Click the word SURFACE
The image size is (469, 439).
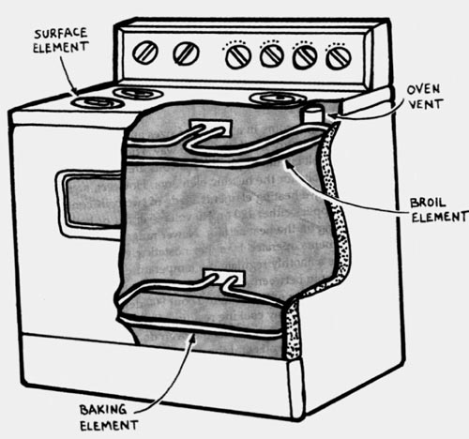click(60, 34)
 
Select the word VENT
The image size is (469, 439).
click(426, 104)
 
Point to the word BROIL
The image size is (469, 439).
click(428, 203)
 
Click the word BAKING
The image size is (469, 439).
click(103, 410)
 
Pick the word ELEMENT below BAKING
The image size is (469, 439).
click(109, 425)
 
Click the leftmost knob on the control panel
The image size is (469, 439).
click(144, 53)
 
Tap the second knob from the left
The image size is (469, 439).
click(186, 53)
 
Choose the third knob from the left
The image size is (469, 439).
click(238, 56)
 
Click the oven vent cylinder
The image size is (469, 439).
click(312, 114)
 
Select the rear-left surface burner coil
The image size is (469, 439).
click(139, 93)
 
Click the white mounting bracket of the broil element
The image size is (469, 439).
click(212, 127)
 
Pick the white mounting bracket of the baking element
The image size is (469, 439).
click(224, 277)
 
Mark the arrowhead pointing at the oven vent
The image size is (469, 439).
click(331, 116)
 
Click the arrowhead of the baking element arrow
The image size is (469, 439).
click(193, 338)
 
